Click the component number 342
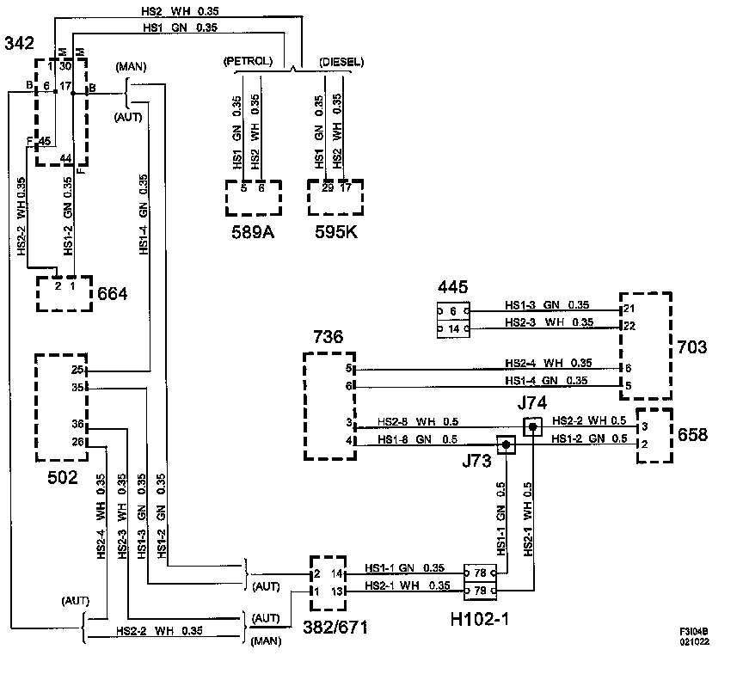pos(20,43)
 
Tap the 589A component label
pos(253,232)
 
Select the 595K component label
pos(336,232)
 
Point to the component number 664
pos(113,294)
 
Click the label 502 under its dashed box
pos(63,477)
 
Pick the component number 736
pos(328,337)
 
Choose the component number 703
pos(691,347)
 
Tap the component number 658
pos(692,434)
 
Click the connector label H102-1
pos(480,619)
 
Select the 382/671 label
pos(335,627)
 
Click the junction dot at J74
pos(532,426)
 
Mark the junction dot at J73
pos(506,444)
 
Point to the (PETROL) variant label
pos(249,61)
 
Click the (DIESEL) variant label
pos(341,62)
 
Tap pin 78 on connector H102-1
pos(480,573)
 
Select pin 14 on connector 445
pos(453,328)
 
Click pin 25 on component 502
pos(77,370)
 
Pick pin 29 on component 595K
pos(328,188)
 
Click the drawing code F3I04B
pos(694,632)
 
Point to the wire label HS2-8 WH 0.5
pos(418,421)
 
